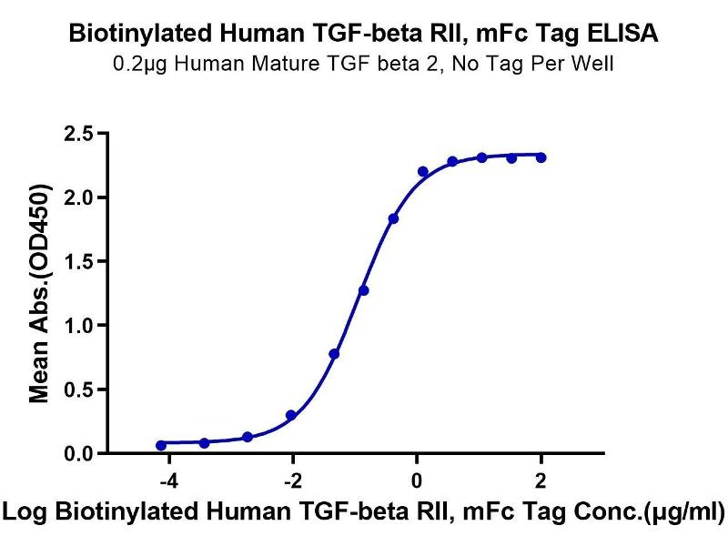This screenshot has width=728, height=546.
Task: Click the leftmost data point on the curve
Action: (x=161, y=445)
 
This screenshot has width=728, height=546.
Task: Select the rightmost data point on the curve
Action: (x=541, y=157)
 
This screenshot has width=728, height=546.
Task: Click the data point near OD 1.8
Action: (x=393, y=218)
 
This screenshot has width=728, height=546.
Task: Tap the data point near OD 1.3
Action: (x=364, y=290)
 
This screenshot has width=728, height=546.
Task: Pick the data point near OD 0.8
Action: (x=334, y=353)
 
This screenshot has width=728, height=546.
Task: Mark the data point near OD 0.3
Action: (x=290, y=415)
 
